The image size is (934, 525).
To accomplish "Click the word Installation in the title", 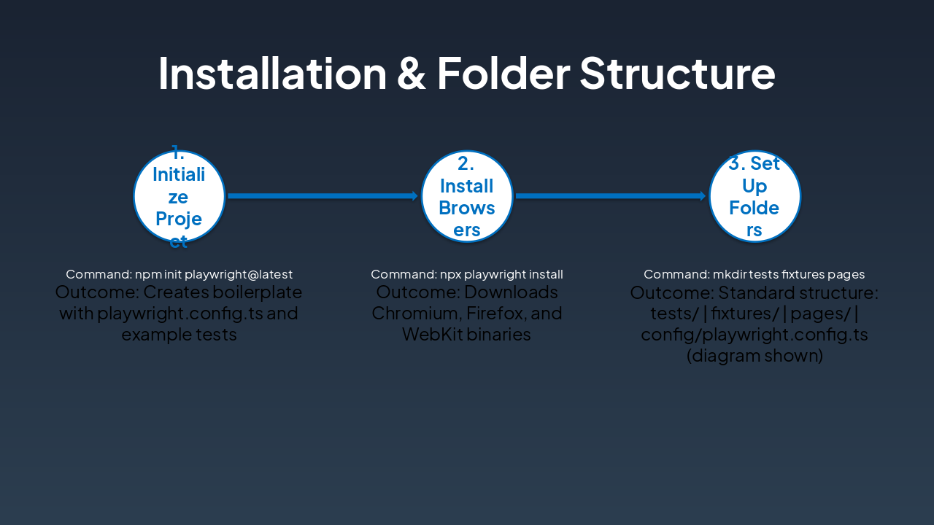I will coord(272,74).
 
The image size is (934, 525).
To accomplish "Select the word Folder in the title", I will coord(503,74).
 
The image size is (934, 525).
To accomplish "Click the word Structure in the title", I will coord(677,74).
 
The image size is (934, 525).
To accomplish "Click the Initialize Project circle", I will coord(179,196).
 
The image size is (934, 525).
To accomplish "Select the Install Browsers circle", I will coord(467,196).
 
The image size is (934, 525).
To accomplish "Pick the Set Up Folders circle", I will coord(754,196).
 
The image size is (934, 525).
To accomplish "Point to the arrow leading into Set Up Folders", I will coord(610,196).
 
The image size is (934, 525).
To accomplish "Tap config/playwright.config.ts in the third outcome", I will coord(754,335).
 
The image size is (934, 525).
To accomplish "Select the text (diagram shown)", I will coord(754,356).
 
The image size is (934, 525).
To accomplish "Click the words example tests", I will coord(179,335).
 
